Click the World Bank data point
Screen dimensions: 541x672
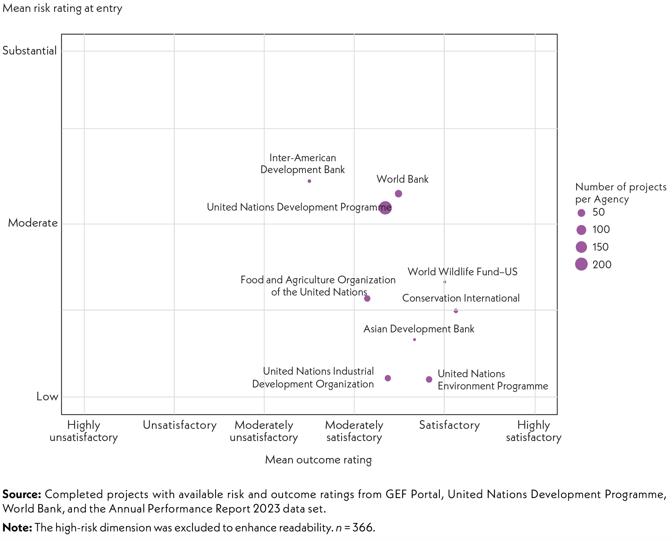(398, 194)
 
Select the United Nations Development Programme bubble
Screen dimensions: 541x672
(385, 208)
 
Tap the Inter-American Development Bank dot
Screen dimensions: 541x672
(309, 181)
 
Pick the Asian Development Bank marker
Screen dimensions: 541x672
(415, 339)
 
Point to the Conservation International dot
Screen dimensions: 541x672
(456, 311)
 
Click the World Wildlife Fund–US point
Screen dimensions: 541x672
(445, 282)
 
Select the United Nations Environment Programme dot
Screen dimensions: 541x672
(429, 379)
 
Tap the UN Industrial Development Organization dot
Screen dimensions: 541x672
(388, 378)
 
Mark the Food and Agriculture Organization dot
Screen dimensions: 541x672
(367, 298)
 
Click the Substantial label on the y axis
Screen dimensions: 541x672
(29, 51)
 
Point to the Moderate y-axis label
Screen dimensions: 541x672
(33, 223)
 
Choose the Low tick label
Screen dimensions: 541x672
(47, 396)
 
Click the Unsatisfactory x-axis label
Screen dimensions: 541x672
(180, 425)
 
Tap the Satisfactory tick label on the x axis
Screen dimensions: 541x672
(449, 425)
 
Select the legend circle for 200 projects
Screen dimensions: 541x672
(581, 264)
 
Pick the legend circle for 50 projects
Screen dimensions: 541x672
(581, 212)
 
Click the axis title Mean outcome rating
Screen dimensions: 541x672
(318, 460)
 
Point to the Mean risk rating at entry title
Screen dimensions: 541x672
(63, 8)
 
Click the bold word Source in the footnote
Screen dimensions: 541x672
(22, 494)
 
